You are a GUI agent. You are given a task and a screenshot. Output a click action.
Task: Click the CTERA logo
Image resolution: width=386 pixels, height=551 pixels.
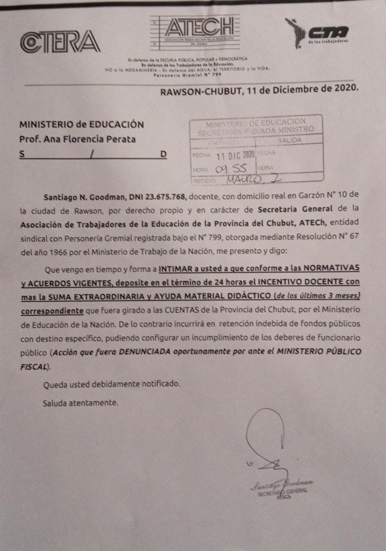pos(60,42)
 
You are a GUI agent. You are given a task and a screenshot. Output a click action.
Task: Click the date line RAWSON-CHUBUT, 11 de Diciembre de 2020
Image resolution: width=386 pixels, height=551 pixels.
pos(259,90)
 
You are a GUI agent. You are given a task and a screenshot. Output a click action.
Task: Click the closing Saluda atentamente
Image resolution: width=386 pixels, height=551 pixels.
pos(80,403)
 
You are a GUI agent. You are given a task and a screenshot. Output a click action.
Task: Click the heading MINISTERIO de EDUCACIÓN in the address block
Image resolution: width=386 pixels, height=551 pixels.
pos(81,125)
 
